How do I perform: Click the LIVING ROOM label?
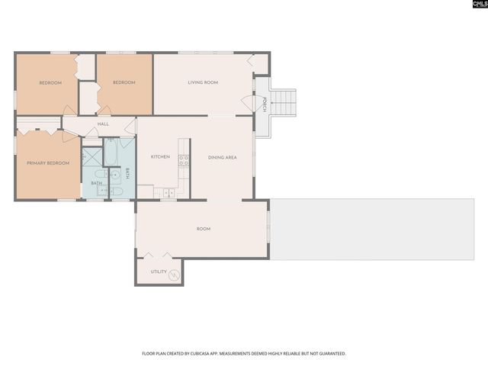[x=204, y=82]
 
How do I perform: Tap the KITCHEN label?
[x=160, y=157]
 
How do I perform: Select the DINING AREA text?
[x=223, y=157]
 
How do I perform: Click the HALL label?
[x=103, y=124]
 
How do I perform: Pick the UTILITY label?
[x=159, y=271]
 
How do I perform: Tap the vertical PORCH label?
[x=264, y=104]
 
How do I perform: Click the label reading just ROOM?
[x=204, y=229]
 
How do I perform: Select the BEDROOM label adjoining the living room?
[x=124, y=82]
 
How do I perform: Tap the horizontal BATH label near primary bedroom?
[x=97, y=183]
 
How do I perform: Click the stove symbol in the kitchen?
[x=184, y=160]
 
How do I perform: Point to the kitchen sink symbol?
[x=168, y=194]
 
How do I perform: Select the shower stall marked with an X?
[x=92, y=157]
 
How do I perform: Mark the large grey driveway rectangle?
[x=378, y=230]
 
